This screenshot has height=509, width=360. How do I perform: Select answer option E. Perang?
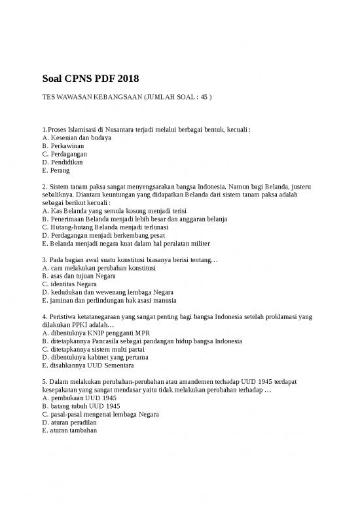[x=56, y=170]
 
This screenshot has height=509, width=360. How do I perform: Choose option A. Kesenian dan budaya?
[x=76, y=138]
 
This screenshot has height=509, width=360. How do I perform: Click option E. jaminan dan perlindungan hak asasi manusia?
[x=109, y=301]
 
